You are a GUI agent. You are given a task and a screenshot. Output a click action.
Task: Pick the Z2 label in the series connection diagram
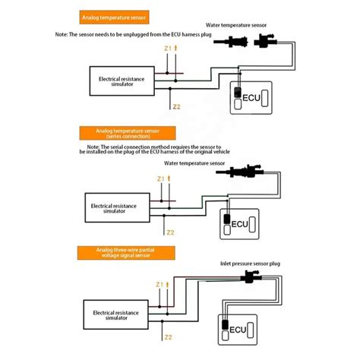[x=170, y=232]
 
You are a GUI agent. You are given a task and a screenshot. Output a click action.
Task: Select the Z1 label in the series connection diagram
[x=160, y=179]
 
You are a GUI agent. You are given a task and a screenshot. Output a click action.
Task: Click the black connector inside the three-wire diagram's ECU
[x=226, y=327]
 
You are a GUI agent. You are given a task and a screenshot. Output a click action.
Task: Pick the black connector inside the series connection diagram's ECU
[x=227, y=222]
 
